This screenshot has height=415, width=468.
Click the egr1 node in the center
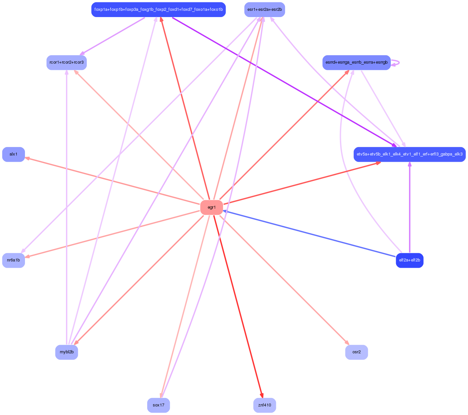click(212, 207)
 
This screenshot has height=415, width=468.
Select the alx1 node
click(13, 154)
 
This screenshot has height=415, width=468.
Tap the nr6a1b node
click(13, 260)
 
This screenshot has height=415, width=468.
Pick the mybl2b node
click(67, 352)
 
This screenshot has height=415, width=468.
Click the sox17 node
click(158, 405)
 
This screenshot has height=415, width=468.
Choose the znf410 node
click(264, 405)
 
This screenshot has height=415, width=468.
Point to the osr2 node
click(356, 352)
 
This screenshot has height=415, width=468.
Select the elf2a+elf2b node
click(410, 260)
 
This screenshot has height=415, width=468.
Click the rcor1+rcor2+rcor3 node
click(67, 62)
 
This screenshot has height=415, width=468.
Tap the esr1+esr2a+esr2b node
click(264, 10)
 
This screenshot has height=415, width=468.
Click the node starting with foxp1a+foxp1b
click(158, 10)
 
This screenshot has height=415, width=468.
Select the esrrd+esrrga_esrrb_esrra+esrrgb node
click(356, 62)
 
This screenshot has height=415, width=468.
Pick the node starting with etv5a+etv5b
click(410, 154)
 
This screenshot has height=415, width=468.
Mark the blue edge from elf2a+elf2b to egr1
click(309, 234)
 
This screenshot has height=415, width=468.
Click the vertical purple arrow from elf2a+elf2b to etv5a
click(410, 207)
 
